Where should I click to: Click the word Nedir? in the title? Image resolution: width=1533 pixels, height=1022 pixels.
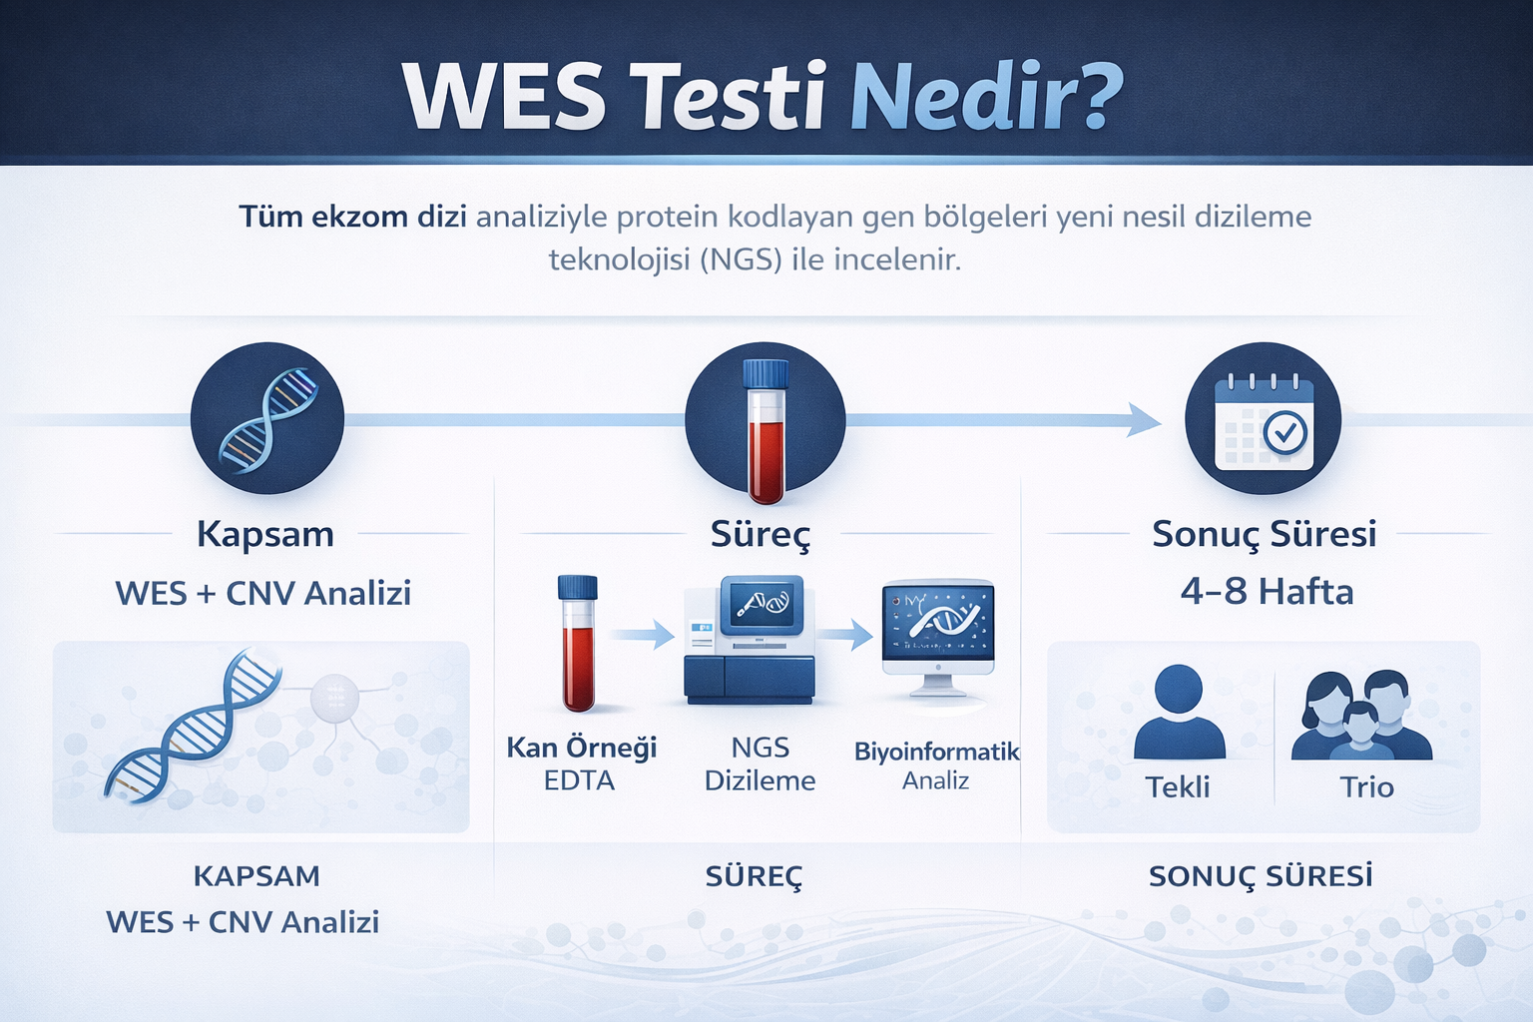(986, 98)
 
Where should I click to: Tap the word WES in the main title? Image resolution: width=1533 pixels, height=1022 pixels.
(505, 98)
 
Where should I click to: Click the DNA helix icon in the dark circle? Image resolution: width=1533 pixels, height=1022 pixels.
(267, 419)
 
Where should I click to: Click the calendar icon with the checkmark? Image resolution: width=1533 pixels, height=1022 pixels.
(1263, 419)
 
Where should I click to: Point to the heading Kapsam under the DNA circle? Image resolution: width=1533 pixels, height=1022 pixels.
(265, 534)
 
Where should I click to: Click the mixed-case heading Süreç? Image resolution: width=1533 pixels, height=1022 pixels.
(761, 534)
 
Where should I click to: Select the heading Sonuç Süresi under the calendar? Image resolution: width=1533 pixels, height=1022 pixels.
(1264, 534)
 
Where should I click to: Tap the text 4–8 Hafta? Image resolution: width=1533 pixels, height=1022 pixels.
(1267, 592)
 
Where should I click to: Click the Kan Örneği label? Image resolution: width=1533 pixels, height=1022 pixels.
(581, 747)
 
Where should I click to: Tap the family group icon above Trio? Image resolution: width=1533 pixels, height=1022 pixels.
(1362, 715)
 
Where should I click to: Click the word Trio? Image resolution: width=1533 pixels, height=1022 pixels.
(1366, 786)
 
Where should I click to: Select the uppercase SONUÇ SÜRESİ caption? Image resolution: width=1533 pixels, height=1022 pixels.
(1261, 876)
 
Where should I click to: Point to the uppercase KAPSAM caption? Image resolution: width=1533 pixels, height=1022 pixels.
(256, 876)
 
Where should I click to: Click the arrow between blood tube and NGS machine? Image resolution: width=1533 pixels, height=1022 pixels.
(643, 633)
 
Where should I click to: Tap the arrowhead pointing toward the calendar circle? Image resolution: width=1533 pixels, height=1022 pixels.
(1144, 419)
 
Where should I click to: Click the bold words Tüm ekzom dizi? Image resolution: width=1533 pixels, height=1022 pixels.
(352, 217)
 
